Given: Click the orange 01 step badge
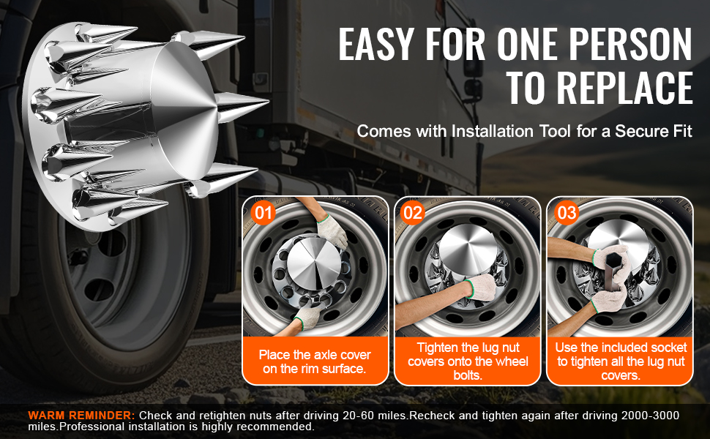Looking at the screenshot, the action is click(263, 212).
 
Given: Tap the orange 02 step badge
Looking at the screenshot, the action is click(412, 212).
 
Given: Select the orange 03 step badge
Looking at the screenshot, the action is click(567, 212).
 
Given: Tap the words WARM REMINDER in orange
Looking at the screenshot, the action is click(81, 415).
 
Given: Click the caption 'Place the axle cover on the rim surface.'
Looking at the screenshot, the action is click(315, 361).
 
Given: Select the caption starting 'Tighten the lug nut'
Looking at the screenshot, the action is click(468, 361).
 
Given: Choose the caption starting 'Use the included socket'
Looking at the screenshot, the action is click(621, 361).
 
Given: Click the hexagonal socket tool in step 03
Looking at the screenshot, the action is click(612, 271).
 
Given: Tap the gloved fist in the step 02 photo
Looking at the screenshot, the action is click(481, 287).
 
